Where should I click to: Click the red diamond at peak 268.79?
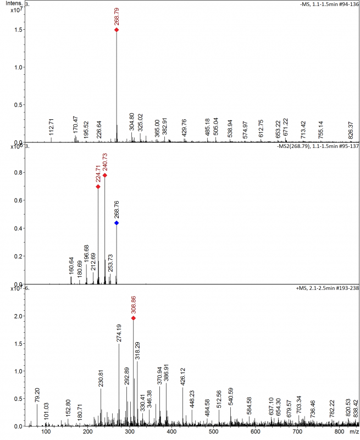[x=117, y=30]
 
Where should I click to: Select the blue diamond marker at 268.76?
[x=117, y=223]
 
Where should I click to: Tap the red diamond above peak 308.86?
[x=134, y=318]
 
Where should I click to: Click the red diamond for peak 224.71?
[x=98, y=186]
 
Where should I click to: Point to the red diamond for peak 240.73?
[x=105, y=175]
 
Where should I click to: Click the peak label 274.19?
[x=119, y=332]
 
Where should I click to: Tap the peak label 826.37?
[x=351, y=128]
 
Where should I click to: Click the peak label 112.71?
[x=52, y=127]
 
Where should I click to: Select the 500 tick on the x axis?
[x=213, y=435]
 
